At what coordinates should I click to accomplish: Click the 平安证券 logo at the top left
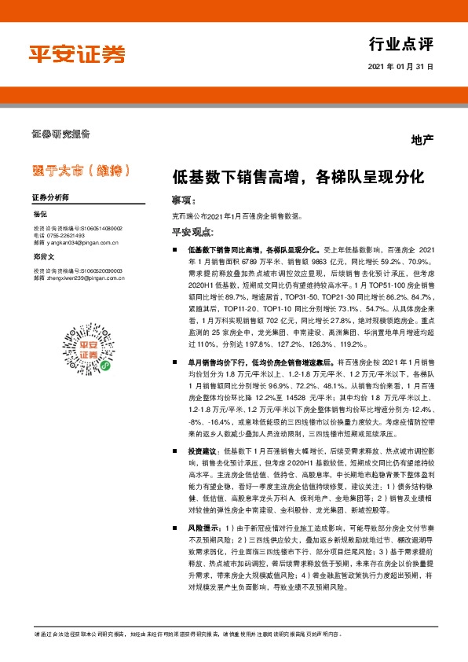77,54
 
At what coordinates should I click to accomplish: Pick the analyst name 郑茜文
42,256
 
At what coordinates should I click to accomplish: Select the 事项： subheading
185,200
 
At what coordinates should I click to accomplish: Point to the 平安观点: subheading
192,231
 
